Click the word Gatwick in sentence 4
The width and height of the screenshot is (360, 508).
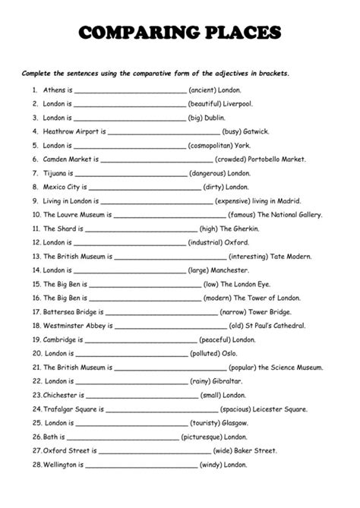257,131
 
